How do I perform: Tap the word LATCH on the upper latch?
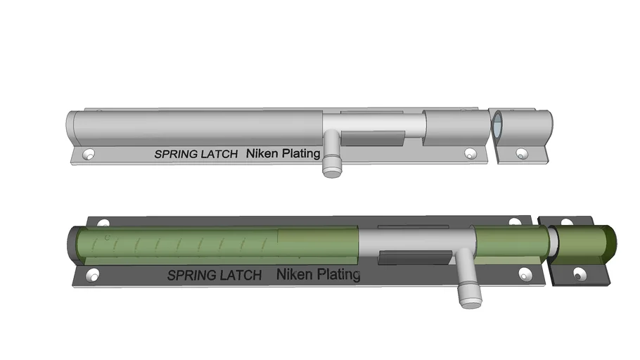[219, 154]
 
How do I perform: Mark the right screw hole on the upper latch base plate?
[470, 151]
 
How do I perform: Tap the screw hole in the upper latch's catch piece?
[521, 153]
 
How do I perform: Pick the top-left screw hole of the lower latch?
[103, 224]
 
